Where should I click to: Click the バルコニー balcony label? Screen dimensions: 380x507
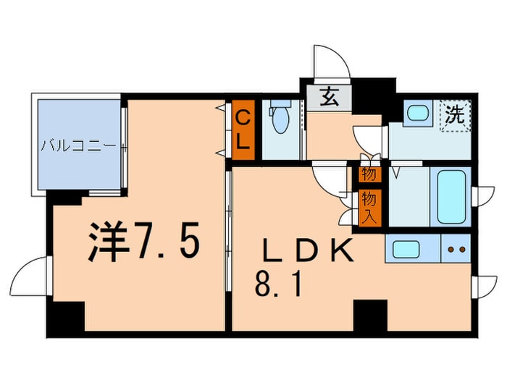coord(78,145)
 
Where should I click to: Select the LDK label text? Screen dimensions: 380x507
coord(308,250)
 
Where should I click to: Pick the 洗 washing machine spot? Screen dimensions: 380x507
coord(455,114)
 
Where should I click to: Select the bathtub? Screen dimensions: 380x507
coord(451,195)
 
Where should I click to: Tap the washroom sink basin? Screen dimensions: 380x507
coord(416,112)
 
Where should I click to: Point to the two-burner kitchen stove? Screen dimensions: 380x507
coord(457,250)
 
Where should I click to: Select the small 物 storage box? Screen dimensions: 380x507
coord(368,174)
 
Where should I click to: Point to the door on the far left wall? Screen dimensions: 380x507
coord(29,276)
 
